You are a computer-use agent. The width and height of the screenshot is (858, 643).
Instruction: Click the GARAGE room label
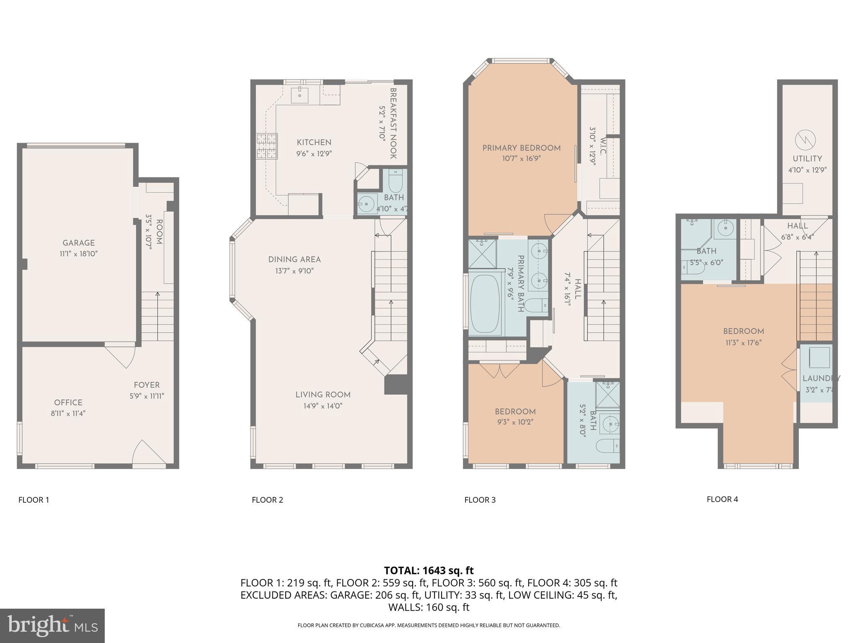click(x=79, y=243)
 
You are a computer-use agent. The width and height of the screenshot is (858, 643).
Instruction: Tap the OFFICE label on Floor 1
click(x=68, y=402)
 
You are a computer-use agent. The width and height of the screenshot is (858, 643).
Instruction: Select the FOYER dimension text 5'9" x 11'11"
click(x=147, y=396)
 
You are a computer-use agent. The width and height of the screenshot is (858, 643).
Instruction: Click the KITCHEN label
click(x=314, y=142)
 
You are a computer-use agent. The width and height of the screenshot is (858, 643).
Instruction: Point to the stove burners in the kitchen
click(x=267, y=146)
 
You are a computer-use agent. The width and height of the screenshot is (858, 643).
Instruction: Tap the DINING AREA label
click(x=295, y=260)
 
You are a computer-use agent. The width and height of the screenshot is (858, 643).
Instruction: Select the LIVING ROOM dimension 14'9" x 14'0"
click(x=323, y=406)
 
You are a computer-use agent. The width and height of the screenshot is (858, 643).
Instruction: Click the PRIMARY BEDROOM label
click(x=521, y=148)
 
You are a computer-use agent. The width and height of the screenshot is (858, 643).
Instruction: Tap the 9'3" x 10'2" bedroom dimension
click(x=515, y=422)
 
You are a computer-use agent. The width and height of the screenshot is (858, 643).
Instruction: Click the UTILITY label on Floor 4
click(x=807, y=159)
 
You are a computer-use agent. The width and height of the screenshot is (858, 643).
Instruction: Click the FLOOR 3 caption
click(x=480, y=500)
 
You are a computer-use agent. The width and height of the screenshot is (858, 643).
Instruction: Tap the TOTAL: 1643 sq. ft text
click(x=429, y=571)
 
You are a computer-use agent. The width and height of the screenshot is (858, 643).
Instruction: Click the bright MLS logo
click(x=52, y=625)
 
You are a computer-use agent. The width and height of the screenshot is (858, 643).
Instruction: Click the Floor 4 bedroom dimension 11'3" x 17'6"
click(x=743, y=342)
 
